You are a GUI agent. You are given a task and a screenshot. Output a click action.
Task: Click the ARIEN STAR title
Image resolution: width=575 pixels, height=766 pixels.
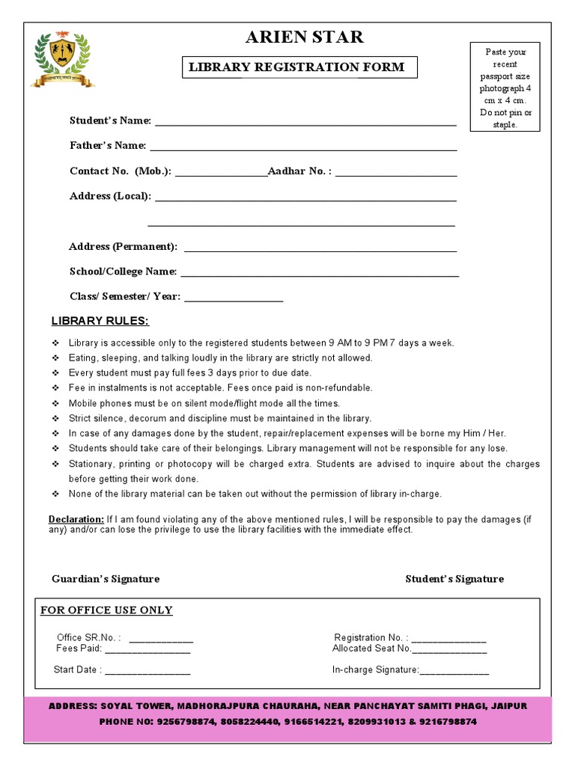pos(305,37)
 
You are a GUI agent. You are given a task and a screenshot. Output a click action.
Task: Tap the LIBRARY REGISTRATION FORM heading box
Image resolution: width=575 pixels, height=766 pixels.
pos(296,67)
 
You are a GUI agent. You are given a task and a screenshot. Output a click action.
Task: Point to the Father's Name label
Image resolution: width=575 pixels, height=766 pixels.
pos(108,145)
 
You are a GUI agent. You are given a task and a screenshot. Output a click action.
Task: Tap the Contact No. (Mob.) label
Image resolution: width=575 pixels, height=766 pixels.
pos(121,171)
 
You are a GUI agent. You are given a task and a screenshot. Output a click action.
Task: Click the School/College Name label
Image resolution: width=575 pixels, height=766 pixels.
pos(124,272)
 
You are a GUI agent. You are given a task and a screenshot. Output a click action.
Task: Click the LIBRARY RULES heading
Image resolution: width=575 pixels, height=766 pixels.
pos(100,322)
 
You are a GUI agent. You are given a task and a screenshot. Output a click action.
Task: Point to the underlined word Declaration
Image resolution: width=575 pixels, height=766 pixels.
pos(76,519)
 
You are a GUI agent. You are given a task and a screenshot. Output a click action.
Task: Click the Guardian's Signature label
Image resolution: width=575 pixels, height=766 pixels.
pos(106,579)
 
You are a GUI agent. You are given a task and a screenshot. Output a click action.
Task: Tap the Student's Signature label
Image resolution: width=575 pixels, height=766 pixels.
pos(454,579)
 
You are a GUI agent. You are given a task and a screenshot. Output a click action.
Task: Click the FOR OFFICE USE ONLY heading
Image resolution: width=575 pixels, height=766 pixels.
pos(106,610)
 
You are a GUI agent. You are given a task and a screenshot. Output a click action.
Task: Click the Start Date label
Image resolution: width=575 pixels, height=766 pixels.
pos(77,670)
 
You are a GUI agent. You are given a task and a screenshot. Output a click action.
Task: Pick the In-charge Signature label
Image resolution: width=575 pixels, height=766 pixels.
pos(375,670)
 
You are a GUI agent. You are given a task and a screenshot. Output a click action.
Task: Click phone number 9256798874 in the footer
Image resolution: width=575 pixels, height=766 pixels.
pos(181,722)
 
